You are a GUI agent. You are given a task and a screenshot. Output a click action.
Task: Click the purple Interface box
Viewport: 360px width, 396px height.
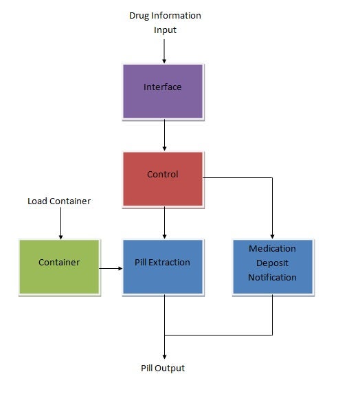pos(163,91)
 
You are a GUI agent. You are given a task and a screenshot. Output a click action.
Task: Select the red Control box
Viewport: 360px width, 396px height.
pos(163,178)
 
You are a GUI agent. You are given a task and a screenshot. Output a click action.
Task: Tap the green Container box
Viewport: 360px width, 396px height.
pos(59,266)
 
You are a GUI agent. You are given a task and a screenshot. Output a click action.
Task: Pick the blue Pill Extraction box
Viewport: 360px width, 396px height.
pos(163,266)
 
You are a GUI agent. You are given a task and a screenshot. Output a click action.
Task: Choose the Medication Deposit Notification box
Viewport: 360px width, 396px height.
pos(272,266)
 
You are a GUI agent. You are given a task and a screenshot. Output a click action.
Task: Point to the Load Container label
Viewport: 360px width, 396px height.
pos(59,201)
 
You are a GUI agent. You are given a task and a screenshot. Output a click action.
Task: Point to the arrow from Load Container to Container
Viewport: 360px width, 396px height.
pos(60,223)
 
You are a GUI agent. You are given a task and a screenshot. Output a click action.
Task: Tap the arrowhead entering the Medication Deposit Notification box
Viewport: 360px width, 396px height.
pos(273,236)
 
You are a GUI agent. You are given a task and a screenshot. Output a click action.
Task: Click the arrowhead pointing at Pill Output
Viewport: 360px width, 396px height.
pos(164,355)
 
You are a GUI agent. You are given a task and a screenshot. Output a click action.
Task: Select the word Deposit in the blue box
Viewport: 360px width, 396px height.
pos(273,263)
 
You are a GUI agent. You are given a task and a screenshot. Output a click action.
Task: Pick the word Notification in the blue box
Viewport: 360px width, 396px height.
pos(273,278)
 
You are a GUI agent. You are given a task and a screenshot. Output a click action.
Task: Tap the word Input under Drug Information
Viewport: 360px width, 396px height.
pos(165,30)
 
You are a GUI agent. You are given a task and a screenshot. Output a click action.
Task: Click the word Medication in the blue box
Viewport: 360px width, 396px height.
pos(273,248)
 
